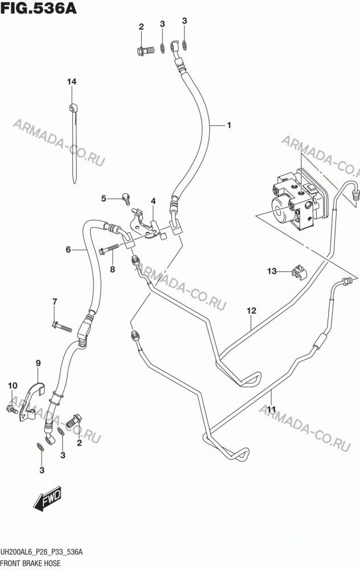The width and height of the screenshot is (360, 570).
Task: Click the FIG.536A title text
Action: tap(39, 8)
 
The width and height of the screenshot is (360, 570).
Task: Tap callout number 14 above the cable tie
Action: tap(72, 82)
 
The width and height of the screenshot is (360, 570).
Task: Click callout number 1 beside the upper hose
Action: tap(229, 125)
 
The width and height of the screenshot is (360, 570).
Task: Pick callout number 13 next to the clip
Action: tap(272, 271)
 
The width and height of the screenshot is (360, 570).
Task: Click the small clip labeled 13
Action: tap(297, 271)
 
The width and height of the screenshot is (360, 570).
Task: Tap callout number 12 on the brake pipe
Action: tap(251, 311)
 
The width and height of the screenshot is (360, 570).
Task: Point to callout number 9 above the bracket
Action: tap(38, 363)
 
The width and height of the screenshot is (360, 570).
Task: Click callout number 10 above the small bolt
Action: tap(13, 385)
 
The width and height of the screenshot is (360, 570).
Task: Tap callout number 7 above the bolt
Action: tap(55, 302)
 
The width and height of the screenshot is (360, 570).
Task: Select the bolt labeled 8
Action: tap(109, 249)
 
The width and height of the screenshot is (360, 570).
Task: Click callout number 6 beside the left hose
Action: tap(68, 250)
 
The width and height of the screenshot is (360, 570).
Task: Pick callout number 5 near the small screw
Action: tap(104, 198)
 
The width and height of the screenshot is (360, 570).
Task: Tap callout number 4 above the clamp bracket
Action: tap(153, 201)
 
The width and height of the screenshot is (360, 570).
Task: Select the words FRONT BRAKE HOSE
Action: tap(31, 564)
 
